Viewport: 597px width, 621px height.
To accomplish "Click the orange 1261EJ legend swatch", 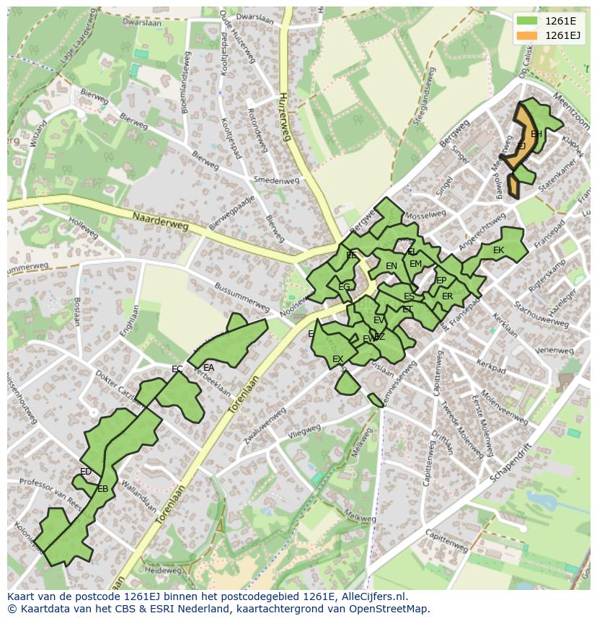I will click(x=527, y=35).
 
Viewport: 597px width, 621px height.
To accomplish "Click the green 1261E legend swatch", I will click(x=527, y=21).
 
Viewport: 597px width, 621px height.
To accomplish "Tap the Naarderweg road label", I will click(x=160, y=221).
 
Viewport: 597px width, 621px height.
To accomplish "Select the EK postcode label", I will click(x=498, y=250).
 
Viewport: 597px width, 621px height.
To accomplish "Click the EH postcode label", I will click(x=536, y=134).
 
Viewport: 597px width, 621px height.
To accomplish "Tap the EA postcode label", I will click(x=208, y=367).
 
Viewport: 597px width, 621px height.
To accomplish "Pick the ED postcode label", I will click(x=86, y=472).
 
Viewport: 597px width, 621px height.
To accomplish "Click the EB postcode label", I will click(x=102, y=489).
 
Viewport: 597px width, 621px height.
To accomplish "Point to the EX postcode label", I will click(x=337, y=358).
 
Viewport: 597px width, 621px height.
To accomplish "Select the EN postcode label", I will click(x=392, y=266).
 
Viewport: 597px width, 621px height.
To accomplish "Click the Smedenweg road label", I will click(x=275, y=180).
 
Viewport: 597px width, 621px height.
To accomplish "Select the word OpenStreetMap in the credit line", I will click(x=388, y=609).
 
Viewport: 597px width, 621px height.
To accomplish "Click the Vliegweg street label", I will click(x=304, y=431).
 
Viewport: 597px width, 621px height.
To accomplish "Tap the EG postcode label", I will click(x=344, y=287).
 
